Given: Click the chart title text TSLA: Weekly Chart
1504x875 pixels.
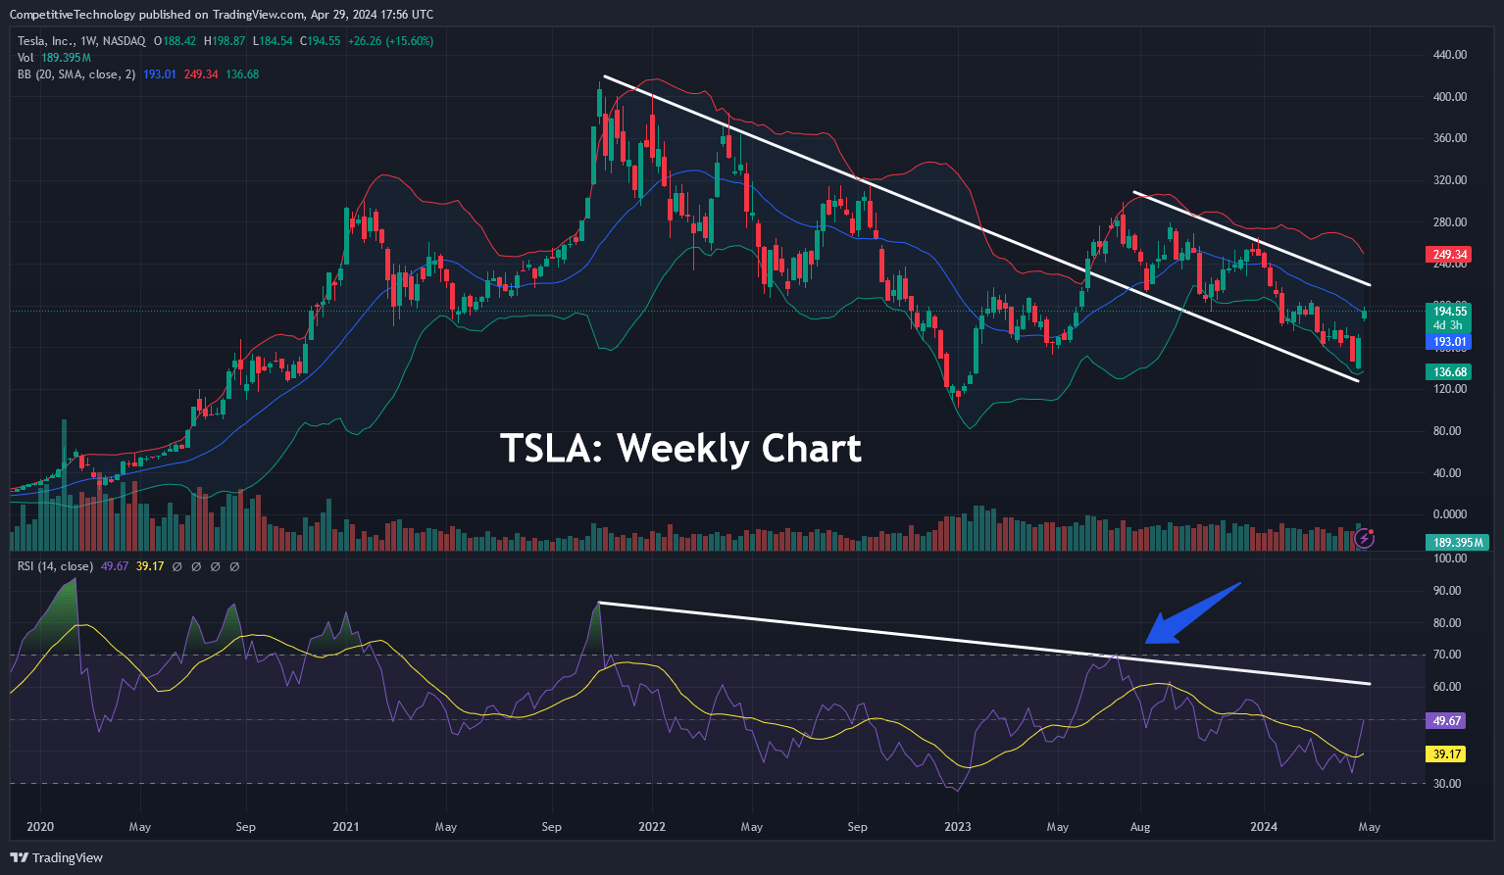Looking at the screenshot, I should [680, 449].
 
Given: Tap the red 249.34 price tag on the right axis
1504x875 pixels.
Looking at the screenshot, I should [1449, 255].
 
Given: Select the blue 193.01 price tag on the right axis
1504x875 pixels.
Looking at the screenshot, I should [1449, 342].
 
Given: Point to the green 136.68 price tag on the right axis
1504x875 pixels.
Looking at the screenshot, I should [1449, 372].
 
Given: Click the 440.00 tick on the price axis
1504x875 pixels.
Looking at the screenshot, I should [1449, 55].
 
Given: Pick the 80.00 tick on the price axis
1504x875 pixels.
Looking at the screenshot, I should [1449, 431].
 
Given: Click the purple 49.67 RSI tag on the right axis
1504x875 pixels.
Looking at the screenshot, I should [1447, 720].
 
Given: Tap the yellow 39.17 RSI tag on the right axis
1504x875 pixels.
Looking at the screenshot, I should [1447, 754].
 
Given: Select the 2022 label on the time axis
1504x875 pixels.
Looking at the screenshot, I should [652, 827].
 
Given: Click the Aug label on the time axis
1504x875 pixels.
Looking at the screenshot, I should [1140, 827].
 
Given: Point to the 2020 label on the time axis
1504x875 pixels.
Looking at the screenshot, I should [40, 827].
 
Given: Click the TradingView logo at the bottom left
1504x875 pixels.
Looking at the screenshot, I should [58, 858].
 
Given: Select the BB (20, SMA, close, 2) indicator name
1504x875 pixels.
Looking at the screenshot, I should [77, 74].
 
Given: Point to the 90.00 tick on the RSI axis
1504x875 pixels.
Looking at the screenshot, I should [1449, 591].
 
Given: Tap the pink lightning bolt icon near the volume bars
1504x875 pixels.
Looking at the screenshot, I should [1364, 538].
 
